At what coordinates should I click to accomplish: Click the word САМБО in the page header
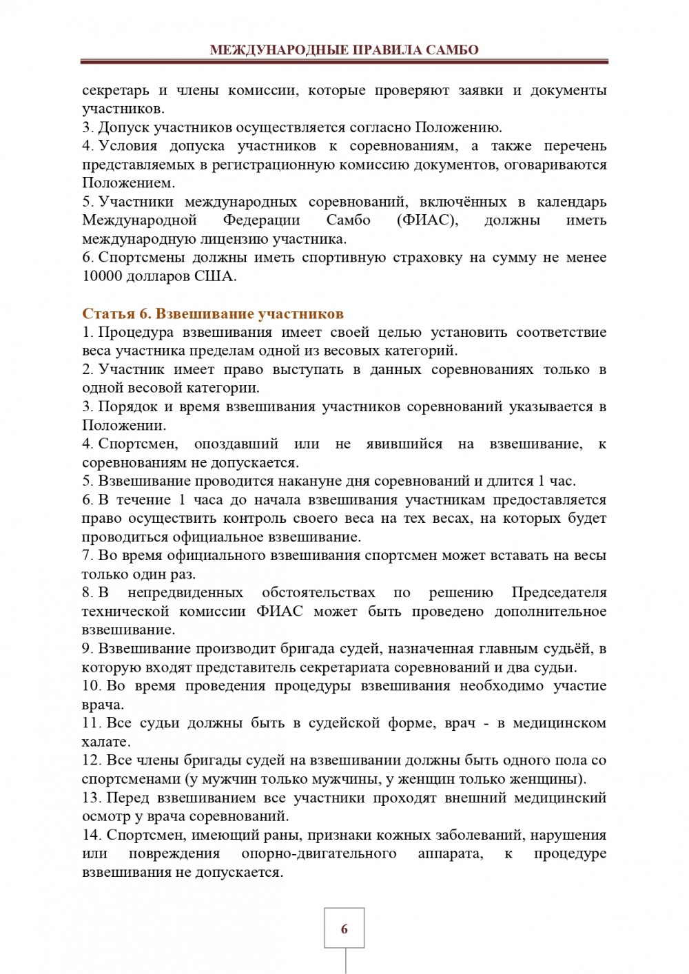(x=453, y=50)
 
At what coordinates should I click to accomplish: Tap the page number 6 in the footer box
(x=344, y=929)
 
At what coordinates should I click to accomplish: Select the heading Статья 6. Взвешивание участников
(x=212, y=314)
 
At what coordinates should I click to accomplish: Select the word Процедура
(x=136, y=333)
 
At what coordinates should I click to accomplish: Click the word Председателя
(x=559, y=593)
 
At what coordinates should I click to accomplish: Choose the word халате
(x=105, y=742)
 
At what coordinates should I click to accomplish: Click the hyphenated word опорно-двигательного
(x=319, y=854)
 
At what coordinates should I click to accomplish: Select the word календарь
(x=571, y=202)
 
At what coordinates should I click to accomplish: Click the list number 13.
(x=91, y=798)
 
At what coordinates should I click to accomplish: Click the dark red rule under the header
(x=344, y=61)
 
